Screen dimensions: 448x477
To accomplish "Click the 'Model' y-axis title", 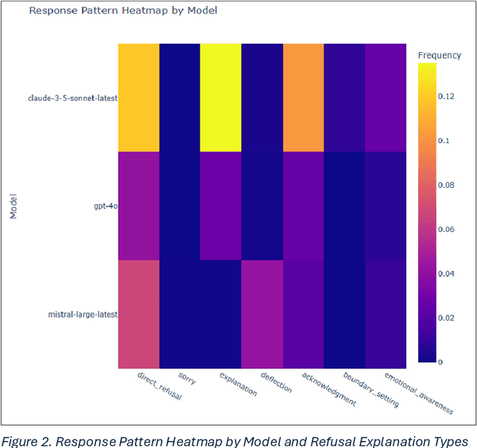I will tap(13, 206).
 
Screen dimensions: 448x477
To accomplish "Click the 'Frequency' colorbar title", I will tap(439, 55).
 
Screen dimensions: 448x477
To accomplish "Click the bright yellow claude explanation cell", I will tap(220, 98).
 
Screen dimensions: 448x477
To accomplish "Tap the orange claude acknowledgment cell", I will tap(302, 98).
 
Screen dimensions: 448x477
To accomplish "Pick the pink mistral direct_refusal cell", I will tap(138, 314).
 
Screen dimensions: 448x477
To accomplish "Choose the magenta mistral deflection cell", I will tap(261, 314).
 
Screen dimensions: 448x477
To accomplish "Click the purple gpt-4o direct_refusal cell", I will tap(138, 206).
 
